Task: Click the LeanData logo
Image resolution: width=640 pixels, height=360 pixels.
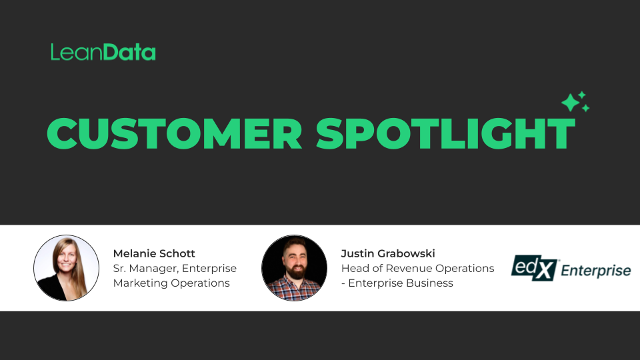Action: tap(103, 53)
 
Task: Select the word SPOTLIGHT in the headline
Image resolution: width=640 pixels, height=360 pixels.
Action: tap(445, 133)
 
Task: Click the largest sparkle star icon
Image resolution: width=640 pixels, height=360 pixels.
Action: tap(570, 103)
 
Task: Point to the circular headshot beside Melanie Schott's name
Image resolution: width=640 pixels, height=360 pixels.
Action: tap(66, 267)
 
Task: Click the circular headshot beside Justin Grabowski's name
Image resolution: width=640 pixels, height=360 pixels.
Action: tap(294, 267)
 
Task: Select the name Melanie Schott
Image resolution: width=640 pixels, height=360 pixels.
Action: tap(154, 253)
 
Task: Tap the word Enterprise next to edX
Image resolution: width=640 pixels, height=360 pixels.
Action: tap(595, 271)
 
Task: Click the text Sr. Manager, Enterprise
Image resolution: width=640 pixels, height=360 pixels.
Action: tap(175, 268)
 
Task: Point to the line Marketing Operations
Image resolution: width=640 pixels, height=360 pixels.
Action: tap(171, 283)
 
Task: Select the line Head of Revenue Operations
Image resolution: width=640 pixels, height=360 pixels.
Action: tap(417, 268)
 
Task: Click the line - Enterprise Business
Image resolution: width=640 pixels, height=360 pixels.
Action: tap(397, 283)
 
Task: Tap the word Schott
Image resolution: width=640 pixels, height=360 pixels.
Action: tap(176, 253)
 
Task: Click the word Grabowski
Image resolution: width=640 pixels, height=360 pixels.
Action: tap(412, 253)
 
